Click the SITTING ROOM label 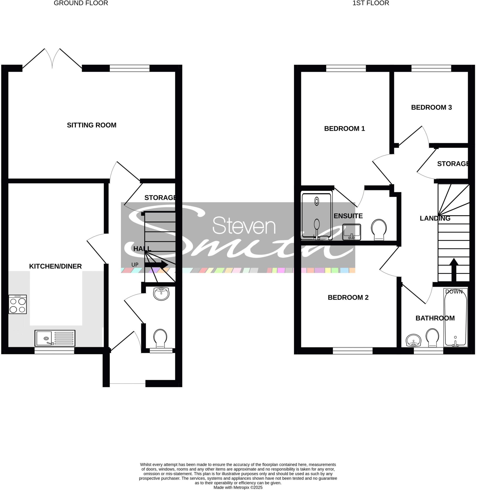coord(92,125)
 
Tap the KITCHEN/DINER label coord(55,266)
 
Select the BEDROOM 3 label coord(431,107)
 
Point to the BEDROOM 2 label coord(348,297)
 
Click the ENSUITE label coord(348,216)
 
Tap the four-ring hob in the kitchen coord(17,304)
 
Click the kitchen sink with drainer coord(55,338)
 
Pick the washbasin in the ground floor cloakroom coord(161,294)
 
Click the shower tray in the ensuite coord(317,215)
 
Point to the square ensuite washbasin coord(352,232)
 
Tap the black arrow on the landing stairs coord(454,270)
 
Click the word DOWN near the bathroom coord(454,292)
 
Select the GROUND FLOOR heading coord(81,3)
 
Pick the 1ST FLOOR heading coord(371,3)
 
